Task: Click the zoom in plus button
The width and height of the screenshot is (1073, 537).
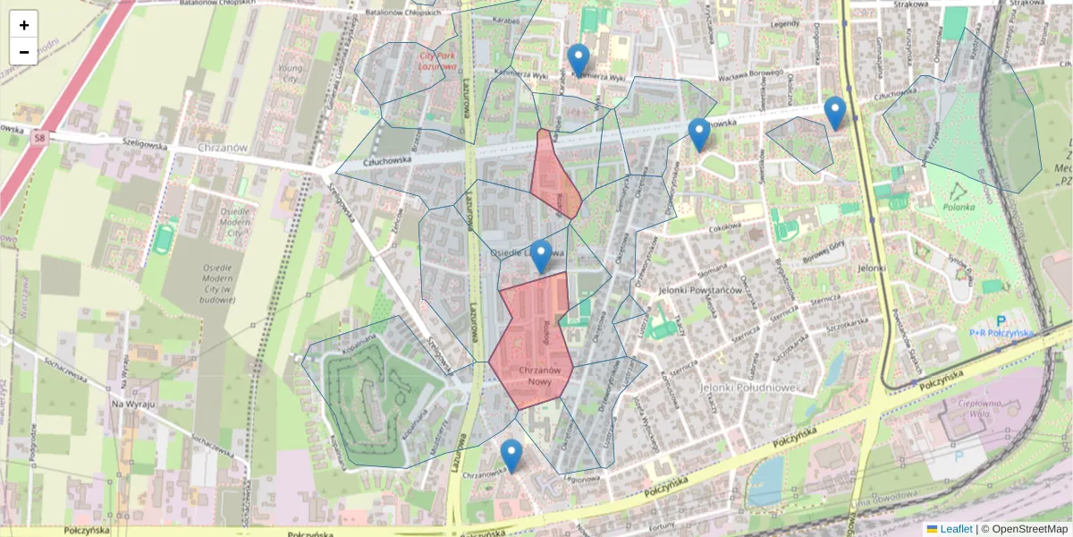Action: pos(24,24)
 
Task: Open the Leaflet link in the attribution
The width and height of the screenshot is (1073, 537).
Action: pos(956,529)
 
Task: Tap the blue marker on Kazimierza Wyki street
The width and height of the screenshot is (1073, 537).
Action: pos(579,59)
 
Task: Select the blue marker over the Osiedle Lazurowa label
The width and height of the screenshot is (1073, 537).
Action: pos(540,255)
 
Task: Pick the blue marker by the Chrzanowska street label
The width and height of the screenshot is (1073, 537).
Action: pos(511,455)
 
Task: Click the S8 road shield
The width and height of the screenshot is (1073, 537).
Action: pos(38,138)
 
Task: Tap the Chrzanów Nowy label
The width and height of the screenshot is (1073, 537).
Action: pos(539,376)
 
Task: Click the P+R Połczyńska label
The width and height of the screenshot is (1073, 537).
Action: pos(1001,331)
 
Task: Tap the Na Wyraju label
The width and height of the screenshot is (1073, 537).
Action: pos(133,405)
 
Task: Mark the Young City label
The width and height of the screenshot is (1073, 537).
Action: pos(287,72)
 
